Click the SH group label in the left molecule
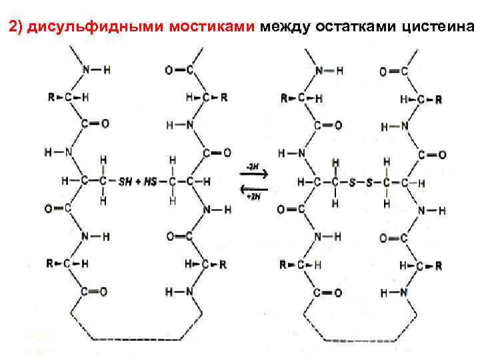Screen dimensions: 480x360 125,181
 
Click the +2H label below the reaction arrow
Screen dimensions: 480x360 253,196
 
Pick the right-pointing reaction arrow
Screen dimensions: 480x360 253,175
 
